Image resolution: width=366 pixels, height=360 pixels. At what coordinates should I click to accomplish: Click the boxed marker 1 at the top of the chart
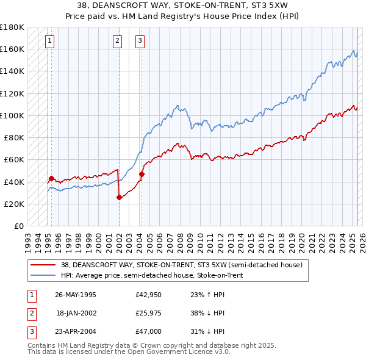coord(49,41)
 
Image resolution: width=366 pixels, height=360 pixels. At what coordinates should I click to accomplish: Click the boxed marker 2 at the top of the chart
coord(117,41)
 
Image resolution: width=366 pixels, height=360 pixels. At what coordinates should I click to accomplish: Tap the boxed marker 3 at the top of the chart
coord(140,41)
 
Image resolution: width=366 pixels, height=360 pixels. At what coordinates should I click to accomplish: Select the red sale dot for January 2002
coord(119,197)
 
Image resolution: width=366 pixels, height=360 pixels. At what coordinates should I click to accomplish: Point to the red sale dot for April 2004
coord(142,174)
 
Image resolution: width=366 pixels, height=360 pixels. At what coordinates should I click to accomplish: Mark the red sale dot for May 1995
coord(51,178)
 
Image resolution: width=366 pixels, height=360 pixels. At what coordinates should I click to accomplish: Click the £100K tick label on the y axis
coord(12,115)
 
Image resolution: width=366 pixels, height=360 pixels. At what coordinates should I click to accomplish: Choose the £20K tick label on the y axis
coord(14,204)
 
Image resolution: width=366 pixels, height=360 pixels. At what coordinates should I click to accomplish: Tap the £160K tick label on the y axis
coord(12,49)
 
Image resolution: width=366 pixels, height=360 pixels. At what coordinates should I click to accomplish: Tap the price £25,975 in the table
coord(148,313)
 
